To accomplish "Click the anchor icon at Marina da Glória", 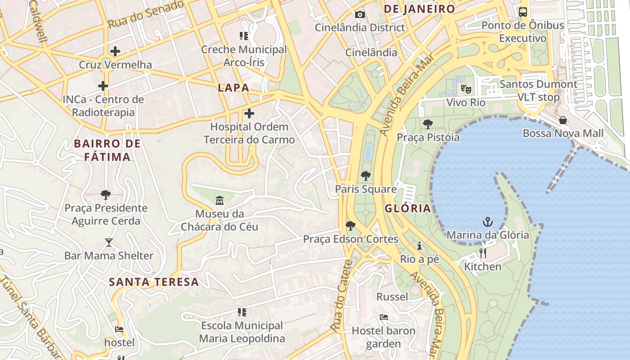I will pos(487,221).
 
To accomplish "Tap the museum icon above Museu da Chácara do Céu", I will pos(219,200).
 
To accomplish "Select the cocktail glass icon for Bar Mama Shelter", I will pos(109,243).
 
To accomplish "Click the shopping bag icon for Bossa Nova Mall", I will pos(562,120).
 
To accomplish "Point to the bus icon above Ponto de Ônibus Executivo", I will pos(522,12).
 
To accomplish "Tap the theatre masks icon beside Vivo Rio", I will pos(466,89).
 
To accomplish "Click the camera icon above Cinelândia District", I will pos(360,14).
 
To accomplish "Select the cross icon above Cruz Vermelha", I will pos(115,51).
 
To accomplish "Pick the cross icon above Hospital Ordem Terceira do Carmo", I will pos(249,113).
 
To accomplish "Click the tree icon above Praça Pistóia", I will pos(427,124).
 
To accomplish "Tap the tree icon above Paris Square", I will pos(366,176).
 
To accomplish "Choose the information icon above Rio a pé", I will pos(419,246).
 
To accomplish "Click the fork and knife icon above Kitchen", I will pos(483,253).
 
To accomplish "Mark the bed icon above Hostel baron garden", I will pos(383,317).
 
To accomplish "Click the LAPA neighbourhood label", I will pos(233,88).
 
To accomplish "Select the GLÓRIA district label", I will pos(408,208).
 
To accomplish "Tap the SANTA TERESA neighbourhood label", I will pos(154,282).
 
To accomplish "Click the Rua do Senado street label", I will pos(146,14).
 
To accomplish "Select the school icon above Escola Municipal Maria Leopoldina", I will pos(242,312).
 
